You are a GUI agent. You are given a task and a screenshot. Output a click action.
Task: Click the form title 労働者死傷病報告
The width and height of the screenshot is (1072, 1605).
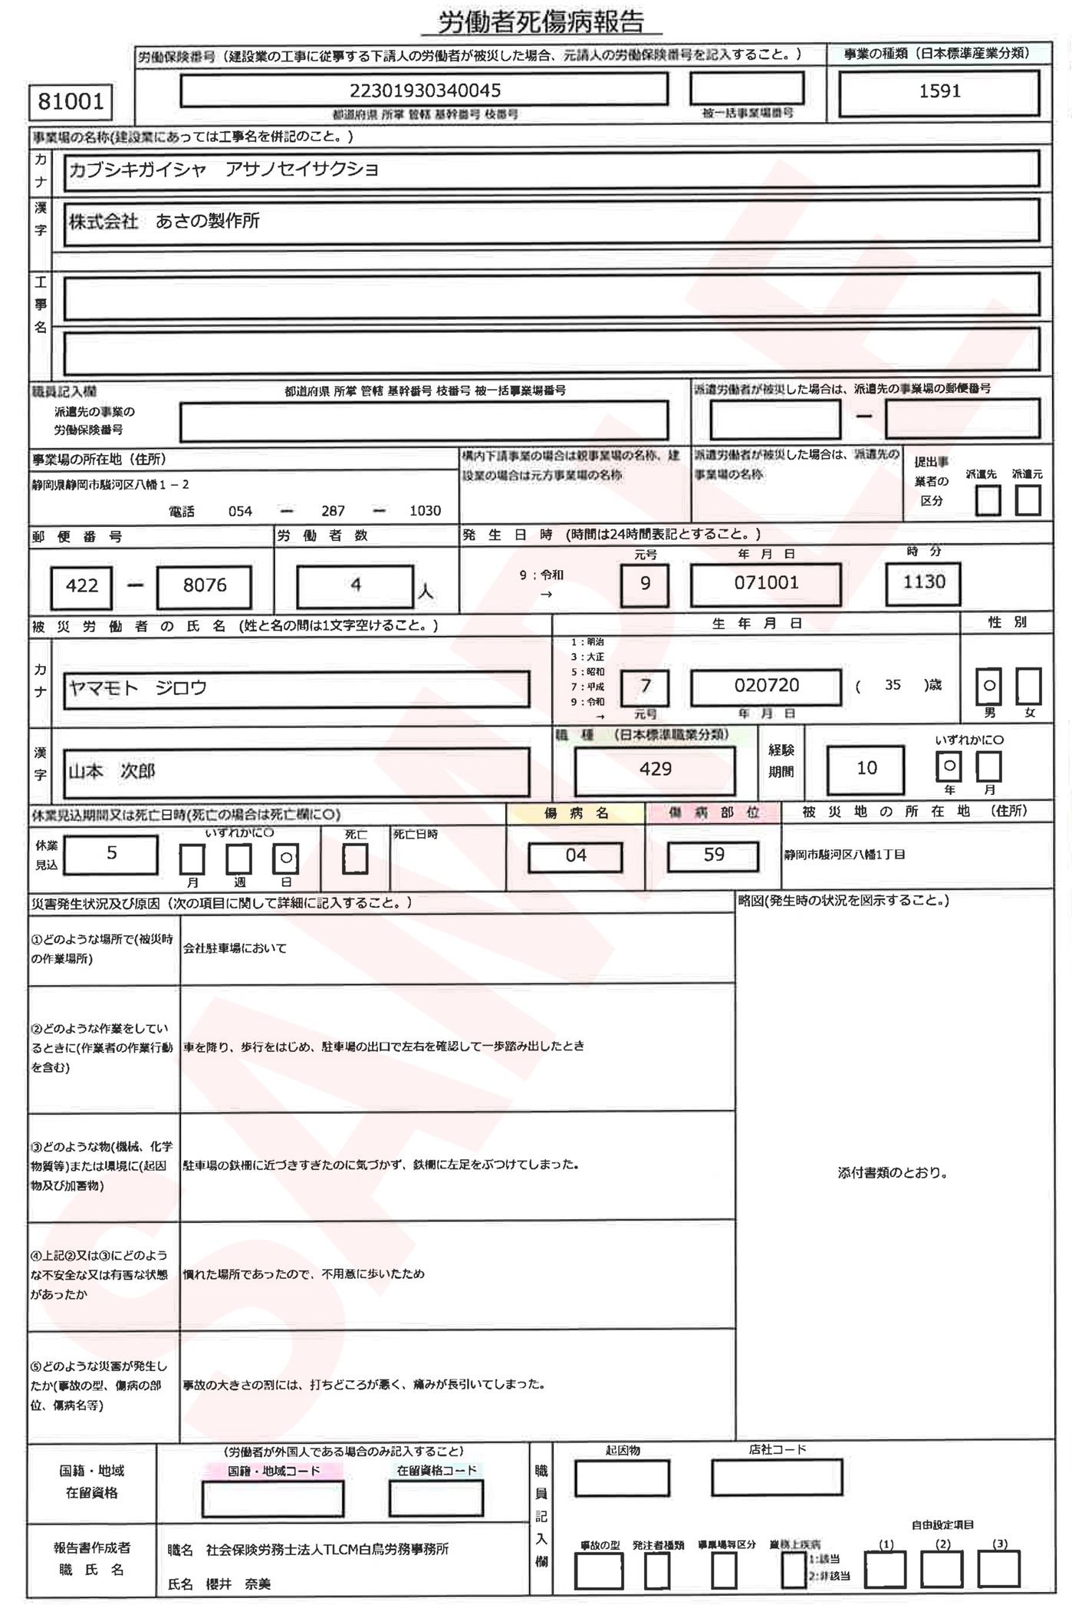[x=541, y=22]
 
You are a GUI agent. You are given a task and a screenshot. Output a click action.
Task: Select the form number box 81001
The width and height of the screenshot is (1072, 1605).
[x=71, y=101]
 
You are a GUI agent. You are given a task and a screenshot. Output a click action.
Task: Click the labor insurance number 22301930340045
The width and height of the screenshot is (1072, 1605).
[x=424, y=91]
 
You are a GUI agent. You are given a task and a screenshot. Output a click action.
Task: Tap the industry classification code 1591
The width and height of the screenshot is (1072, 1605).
[x=939, y=91]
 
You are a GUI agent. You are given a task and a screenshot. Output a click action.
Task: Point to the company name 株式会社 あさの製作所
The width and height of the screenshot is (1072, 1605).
[x=164, y=222]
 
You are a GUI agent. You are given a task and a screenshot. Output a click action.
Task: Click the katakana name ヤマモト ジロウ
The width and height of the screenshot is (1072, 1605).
[x=138, y=688]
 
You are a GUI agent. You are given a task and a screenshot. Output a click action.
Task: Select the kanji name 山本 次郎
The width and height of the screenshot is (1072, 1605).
[x=112, y=771]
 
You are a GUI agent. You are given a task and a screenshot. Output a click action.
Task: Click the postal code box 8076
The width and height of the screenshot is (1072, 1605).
[x=204, y=586]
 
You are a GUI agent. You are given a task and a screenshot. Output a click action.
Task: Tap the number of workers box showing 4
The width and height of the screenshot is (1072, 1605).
[x=355, y=586]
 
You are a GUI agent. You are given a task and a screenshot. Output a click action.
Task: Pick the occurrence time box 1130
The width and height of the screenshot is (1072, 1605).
[x=923, y=583]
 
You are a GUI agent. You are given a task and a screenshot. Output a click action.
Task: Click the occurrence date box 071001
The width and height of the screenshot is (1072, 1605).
[x=765, y=583]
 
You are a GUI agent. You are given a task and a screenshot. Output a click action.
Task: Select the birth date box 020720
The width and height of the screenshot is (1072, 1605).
[x=765, y=686]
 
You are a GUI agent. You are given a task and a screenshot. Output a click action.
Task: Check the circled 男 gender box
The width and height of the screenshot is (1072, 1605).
[x=988, y=686]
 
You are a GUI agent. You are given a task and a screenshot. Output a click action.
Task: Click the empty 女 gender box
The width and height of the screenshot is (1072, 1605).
[x=1028, y=686]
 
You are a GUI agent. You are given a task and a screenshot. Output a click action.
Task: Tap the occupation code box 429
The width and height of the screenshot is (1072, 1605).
[x=655, y=770]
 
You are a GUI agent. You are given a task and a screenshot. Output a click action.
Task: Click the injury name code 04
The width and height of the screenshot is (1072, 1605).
[x=575, y=856]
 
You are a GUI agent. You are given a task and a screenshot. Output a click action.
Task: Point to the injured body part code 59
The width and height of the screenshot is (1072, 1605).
[x=713, y=855]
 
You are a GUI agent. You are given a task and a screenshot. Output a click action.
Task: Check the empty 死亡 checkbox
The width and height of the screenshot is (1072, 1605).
[x=355, y=859]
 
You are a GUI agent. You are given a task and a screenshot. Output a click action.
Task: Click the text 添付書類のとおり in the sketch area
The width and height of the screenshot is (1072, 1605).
[x=892, y=1173]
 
